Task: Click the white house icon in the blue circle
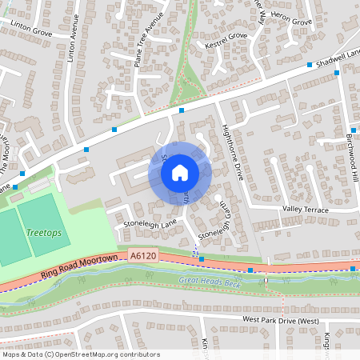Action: pos(180,173)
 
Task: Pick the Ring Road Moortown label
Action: pos(80,266)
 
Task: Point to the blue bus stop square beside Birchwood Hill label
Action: pos(354,130)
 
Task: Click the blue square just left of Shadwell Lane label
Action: pos(337,73)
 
